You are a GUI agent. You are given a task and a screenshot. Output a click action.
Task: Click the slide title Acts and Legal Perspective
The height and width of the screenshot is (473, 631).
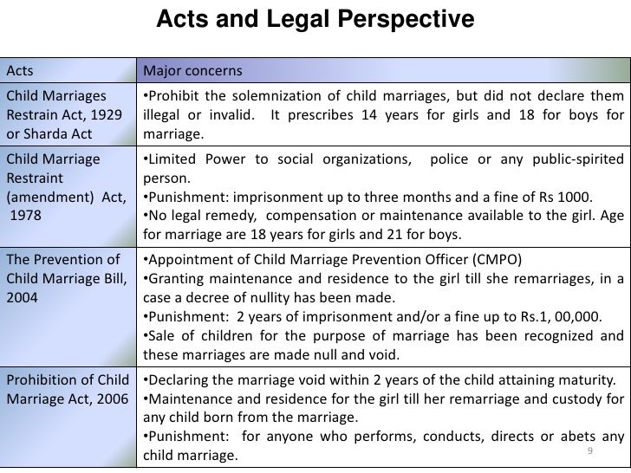[315, 18]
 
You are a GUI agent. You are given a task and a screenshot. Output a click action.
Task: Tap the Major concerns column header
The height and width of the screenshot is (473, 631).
[192, 70]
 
